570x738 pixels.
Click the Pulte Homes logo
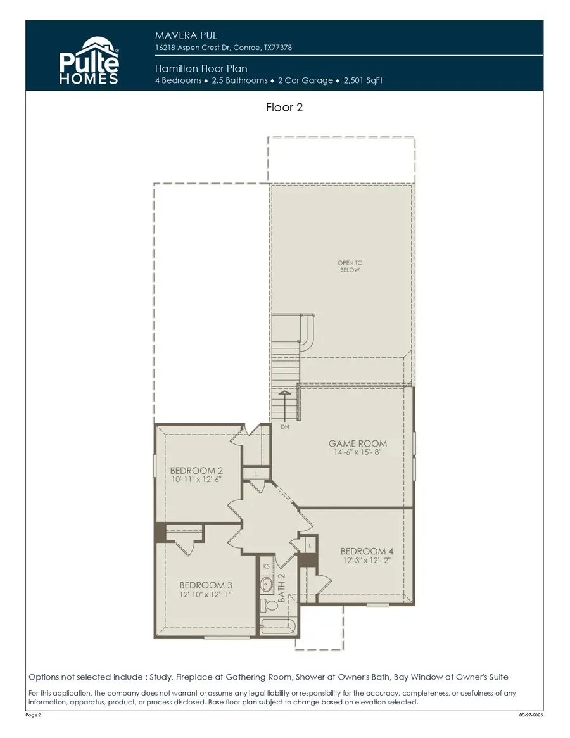89,60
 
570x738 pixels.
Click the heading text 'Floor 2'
284,108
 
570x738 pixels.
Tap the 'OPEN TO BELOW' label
349,266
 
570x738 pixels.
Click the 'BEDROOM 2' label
196,471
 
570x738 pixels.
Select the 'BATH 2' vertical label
282,587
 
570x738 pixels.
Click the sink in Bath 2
267,584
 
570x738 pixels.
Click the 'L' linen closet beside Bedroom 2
256,474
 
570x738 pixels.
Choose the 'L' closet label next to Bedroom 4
310,545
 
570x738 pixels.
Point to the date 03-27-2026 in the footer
530,715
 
